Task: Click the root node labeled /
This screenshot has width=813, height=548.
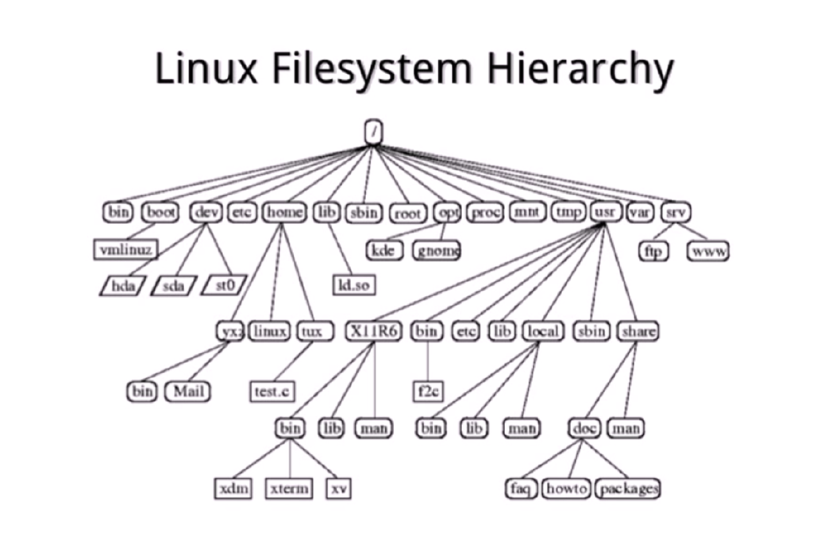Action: click(x=373, y=133)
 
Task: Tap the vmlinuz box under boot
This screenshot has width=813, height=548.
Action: click(x=125, y=250)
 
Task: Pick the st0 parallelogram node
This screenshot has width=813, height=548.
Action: click(x=225, y=284)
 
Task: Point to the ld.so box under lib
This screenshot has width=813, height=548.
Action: click(x=353, y=284)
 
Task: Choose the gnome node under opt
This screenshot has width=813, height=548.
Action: click(x=437, y=250)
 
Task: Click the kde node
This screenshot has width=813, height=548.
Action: click(x=384, y=250)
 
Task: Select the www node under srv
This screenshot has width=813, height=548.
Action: click(x=708, y=251)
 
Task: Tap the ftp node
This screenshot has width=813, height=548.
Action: click(x=655, y=251)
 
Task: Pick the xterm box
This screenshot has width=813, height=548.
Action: click(x=289, y=488)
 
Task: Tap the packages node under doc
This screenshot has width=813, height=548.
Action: click(x=628, y=488)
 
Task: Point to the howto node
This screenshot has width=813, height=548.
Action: click(x=566, y=488)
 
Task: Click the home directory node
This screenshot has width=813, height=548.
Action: click(x=283, y=212)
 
